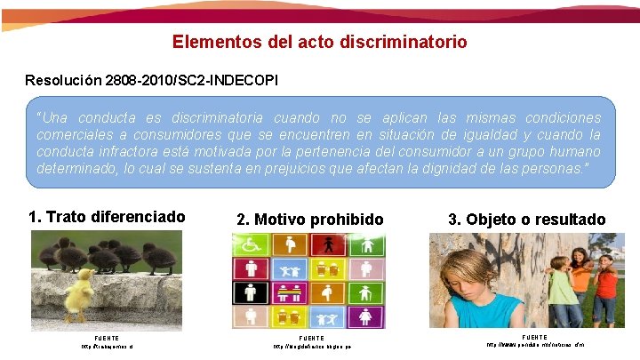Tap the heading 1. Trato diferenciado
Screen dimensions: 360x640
[107, 217]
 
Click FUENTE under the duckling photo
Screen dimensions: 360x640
[106, 338]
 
